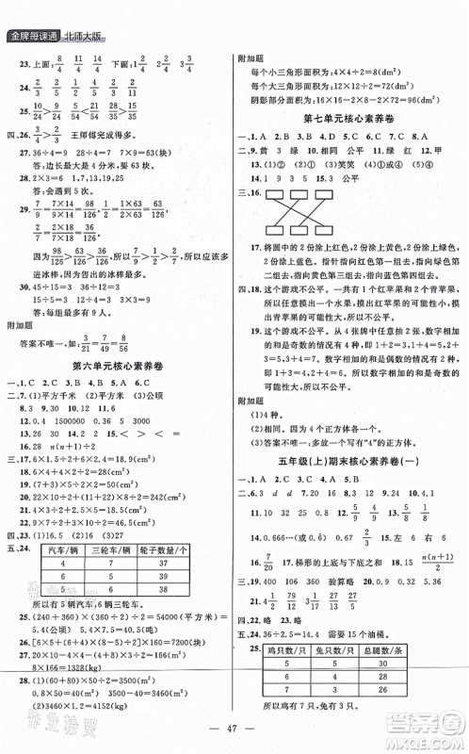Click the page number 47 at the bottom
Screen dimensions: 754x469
click(x=234, y=734)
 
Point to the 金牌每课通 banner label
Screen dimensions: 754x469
click(x=32, y=37)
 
